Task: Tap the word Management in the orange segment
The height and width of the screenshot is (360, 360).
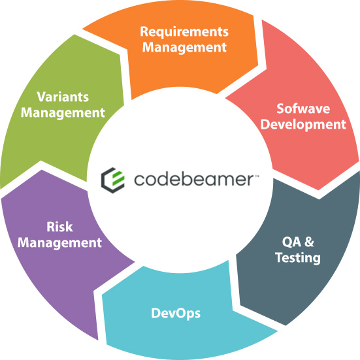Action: tap(184, 48)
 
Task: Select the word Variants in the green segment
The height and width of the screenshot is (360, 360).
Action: tap(63, 97)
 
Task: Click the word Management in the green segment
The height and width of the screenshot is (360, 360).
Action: tap(63, 113)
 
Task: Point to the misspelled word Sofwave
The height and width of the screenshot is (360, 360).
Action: tap(303, 108)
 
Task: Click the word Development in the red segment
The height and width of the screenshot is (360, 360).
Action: tap(303, 125)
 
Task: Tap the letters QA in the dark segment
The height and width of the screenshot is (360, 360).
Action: tap(291, 242)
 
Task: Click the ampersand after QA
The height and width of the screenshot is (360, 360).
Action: tap(309, 242)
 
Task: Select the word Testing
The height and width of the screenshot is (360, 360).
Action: tap(298, 258)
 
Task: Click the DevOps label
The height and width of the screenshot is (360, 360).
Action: tap(176, 314)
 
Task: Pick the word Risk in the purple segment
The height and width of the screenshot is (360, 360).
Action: tap(59, 227)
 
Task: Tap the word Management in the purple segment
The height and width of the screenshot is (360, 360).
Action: tap(59, 243)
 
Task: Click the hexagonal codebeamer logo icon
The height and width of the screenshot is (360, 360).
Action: tap(113, 180)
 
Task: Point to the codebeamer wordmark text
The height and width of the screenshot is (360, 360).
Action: tap(193, 179)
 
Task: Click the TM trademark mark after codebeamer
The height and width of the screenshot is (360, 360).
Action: tap(257, 176)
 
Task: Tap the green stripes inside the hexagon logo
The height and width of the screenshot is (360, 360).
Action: tap(118, 178)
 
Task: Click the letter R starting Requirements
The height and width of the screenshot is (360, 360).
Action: tap(144, 31)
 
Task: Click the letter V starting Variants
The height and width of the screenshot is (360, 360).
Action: tap(42, 97)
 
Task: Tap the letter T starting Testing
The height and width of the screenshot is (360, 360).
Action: tap(280, 257)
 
